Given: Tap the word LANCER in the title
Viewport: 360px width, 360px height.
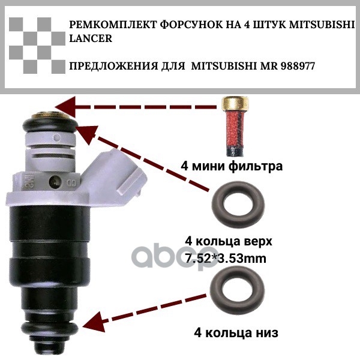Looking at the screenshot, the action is [x=91, y=38].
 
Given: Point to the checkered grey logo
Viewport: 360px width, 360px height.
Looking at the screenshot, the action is [x=37, y=46].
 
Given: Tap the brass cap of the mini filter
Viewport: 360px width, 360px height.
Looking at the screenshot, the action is [x=235, y=103].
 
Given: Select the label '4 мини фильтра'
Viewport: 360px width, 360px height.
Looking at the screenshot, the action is [x=232, y=166].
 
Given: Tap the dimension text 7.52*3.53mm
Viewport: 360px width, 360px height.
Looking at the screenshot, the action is [x=226, y=259].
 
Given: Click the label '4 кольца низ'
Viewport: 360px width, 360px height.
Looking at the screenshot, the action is [x=236, y=332].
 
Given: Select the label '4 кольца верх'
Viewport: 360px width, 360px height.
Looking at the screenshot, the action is [x=229, y=241].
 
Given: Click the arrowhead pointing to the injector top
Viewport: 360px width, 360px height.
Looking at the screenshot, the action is [x=65, y=107].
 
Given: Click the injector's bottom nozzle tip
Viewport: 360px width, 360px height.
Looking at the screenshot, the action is [x=50, y=347].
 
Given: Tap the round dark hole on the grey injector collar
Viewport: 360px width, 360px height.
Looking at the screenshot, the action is [x=55, y=182].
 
